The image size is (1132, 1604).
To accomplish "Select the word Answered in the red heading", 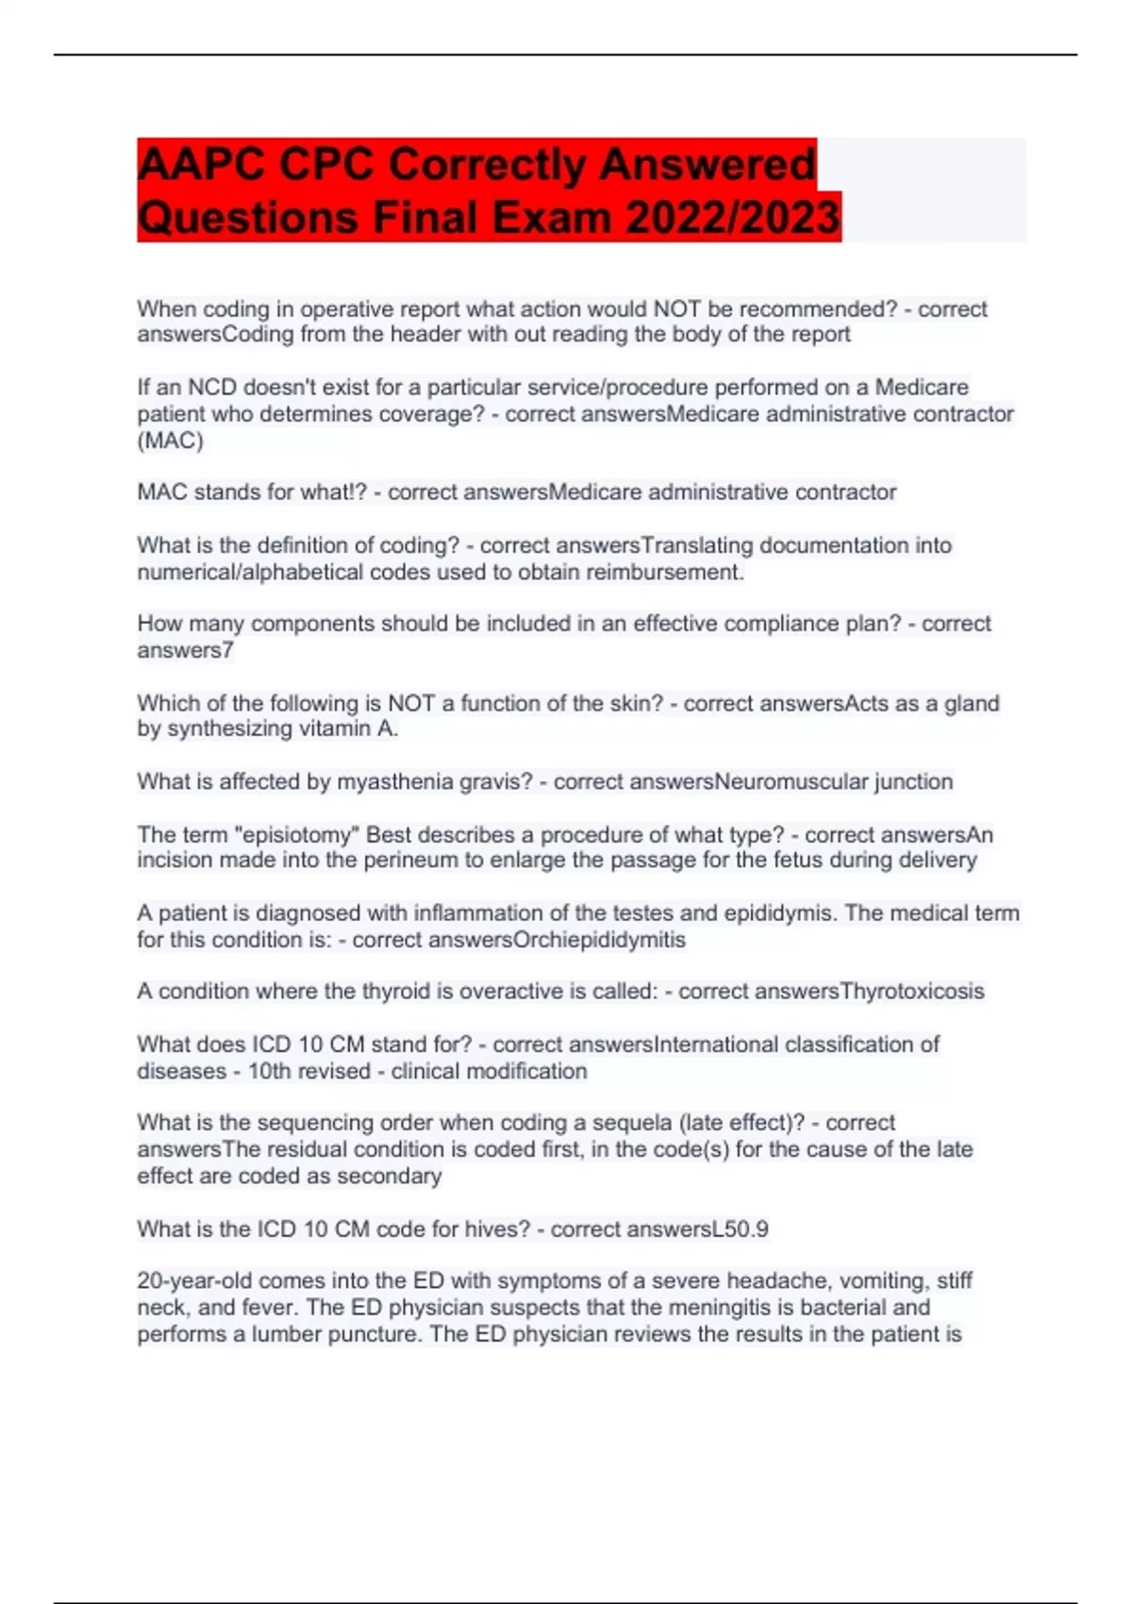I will pos(707,165).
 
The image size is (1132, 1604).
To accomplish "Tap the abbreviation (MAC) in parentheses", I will pos(170,441).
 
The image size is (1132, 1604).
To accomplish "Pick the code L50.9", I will pos(740,1229).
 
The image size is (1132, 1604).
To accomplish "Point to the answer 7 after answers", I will pos(228,650).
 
